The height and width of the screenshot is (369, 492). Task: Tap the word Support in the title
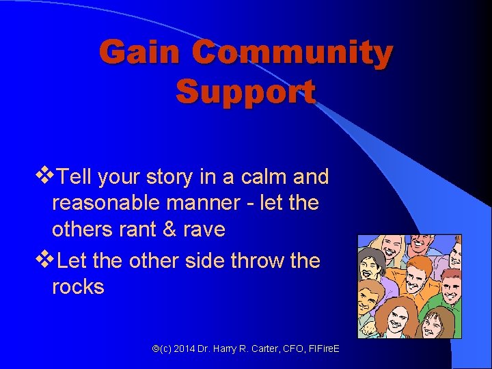tap(245, 92)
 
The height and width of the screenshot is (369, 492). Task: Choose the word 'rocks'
tap(78, 287)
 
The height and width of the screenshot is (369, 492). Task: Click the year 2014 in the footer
tap(184, 349)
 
